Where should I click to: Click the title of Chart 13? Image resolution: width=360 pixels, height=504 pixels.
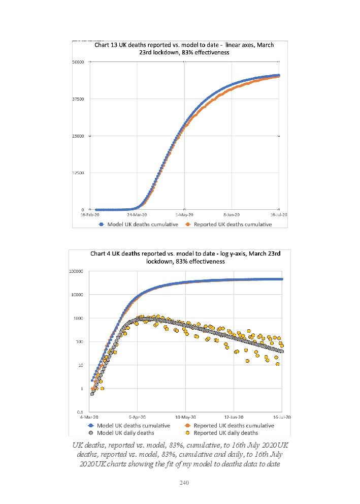[x=184, y=48]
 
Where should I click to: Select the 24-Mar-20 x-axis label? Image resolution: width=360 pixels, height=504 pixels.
[x=138, y=215]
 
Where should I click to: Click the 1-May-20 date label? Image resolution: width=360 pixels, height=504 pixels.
[x=184, y=215]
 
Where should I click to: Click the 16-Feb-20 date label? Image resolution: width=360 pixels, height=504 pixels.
[x=90, y=215]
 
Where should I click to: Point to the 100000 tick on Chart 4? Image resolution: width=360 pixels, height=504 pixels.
[x=76, y=271]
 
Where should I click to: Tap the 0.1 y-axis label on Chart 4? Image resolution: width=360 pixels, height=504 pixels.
[x=80, y=412]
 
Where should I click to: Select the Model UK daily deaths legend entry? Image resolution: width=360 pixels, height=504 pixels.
[x=125, y=433]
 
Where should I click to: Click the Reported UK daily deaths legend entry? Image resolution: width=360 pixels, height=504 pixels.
[x=226, y=433]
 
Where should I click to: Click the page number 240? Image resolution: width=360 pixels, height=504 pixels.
[x=184, y=483]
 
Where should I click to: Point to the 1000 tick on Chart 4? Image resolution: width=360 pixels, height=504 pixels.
[x=79, y=318]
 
